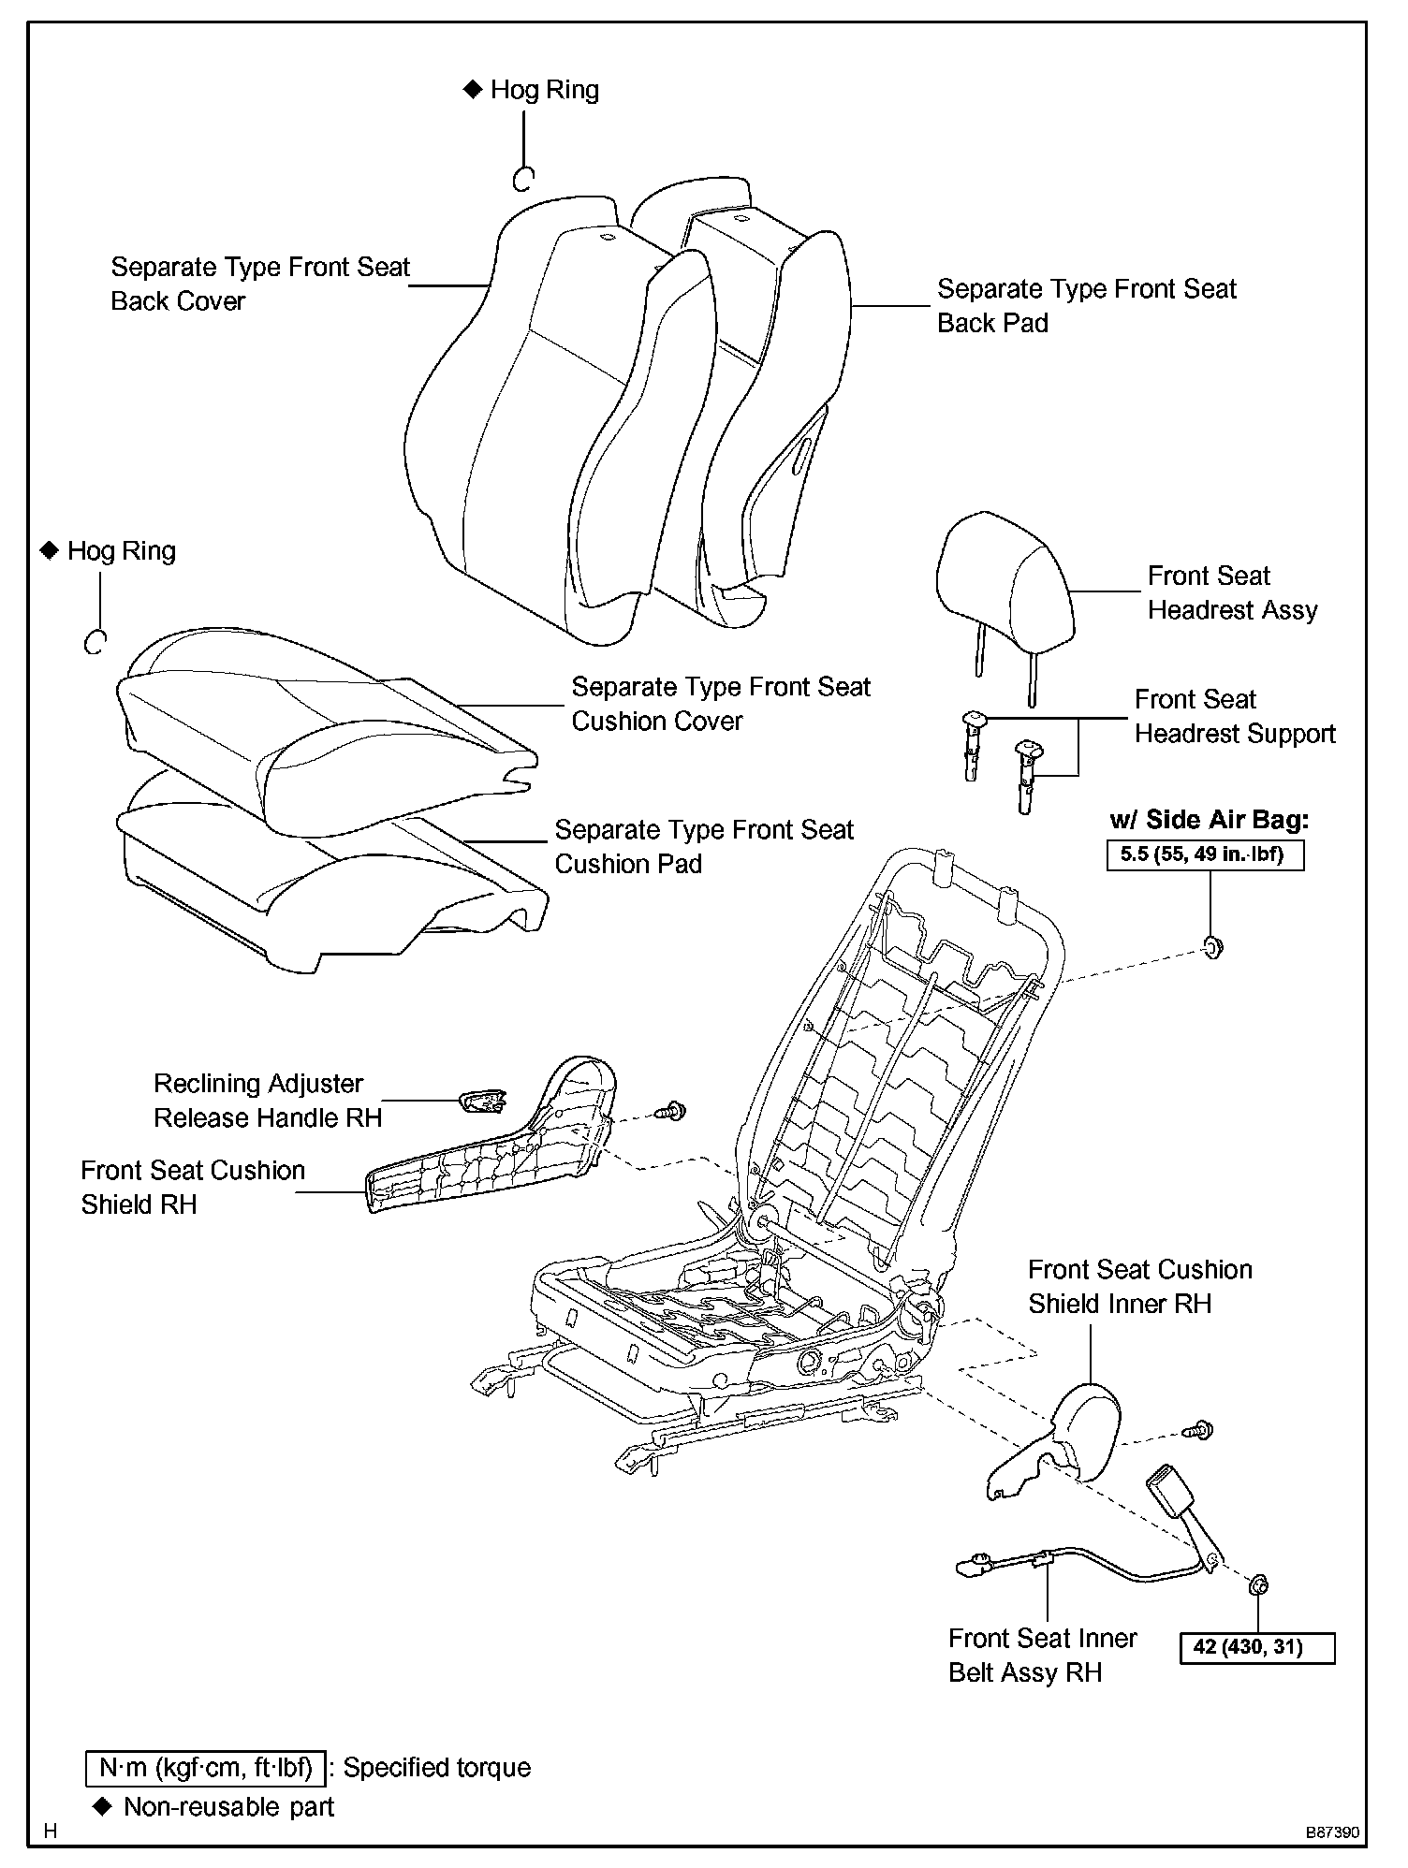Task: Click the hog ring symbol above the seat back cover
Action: pos(523,179)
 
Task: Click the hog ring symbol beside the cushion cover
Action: pos(95,642)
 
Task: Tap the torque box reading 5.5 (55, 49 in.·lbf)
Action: pos(1205,854)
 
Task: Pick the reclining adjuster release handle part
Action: pos(483,1101)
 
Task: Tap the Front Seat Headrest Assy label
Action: pos(1232,593)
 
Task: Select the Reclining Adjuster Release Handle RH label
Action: pos(268,1101)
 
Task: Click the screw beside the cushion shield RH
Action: pos(671,1112)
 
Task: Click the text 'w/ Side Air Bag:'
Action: pos(1209,820)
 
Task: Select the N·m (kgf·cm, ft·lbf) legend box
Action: pos(205,1768)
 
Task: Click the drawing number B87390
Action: pos(1332,1832)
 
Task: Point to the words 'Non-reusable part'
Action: pos(228,1807)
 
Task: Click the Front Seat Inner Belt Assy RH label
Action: pos(1042,1655)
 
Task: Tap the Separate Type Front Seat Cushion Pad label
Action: pos(704,847)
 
